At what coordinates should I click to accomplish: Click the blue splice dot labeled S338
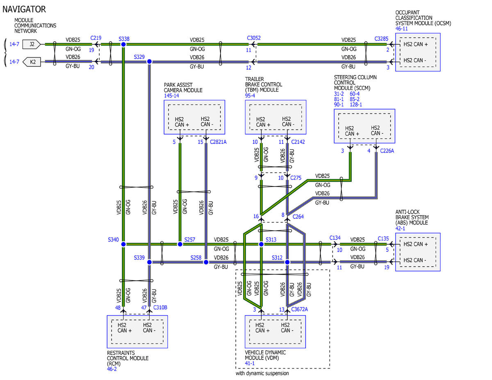123,44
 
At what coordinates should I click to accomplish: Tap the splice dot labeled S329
149,61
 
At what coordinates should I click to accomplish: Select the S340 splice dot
123,244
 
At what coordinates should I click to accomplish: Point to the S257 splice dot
180,244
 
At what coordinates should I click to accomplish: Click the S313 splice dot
261,244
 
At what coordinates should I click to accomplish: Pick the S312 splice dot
287,262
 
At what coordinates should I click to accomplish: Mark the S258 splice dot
206,262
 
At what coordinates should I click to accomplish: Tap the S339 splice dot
149,262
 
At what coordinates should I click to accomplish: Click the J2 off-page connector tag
32,44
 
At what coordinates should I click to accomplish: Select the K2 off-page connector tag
32,62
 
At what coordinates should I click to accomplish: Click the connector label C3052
253,38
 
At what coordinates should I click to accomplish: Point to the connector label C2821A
218,142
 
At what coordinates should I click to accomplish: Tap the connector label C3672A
299,309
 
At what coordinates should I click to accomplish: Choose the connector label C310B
160,307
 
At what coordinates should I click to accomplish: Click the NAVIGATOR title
24,9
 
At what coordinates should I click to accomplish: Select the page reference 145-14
171,96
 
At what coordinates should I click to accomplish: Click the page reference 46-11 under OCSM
401,29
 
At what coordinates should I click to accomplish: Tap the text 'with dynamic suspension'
262,373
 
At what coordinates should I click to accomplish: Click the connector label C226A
387,151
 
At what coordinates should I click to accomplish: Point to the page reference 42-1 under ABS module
400,228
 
